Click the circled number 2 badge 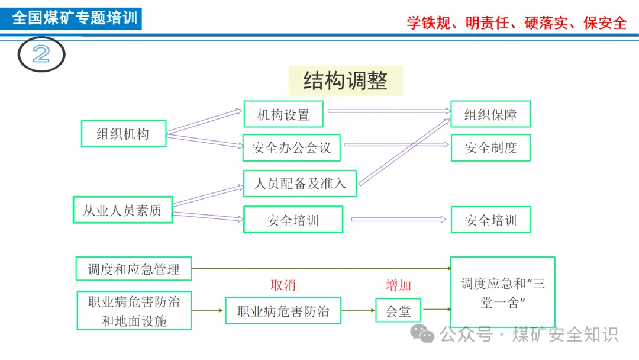41,54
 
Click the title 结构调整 346,81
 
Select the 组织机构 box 123,134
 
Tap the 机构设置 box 283,114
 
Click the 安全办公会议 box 292,147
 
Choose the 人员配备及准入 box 300,183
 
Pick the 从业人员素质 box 122,210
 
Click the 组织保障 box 490,114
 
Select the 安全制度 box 490,147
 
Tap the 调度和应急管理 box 134,269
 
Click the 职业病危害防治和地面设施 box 134,311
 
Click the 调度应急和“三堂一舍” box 503,292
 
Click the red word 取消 283,285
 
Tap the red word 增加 398,285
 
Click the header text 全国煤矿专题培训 75,18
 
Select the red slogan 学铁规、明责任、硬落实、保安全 517,22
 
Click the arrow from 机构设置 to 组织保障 388,111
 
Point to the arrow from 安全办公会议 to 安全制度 396,144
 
